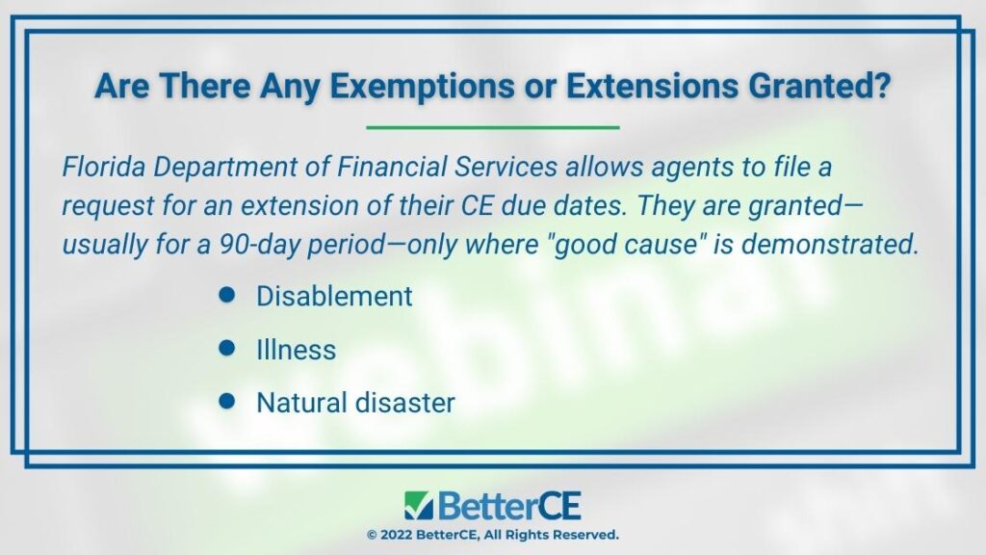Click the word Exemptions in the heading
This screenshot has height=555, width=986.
pyautogui.click(x=422, y=86)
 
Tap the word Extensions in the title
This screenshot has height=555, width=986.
pyautogui.click(x=652, y=86)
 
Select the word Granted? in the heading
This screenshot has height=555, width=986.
pyautogui.click(x=819, y=86)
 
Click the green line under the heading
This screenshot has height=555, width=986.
pyautogui.click(x=493, y=127)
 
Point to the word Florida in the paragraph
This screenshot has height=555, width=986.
pyautogui.click(x=104, y=167)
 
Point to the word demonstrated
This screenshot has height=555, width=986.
pyautogui.click(x=830, y=244)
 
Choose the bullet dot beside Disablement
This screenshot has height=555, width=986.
pyautogui.click(x=227, y=295)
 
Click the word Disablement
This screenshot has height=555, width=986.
pyautogui.click(x=334, y=297)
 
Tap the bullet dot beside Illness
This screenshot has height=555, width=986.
pyautogui.click(x=227, y=348)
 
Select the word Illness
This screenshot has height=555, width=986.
pyautogui.click(x=297, y=350)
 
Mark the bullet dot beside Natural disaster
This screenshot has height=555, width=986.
pyautogui.click(x=227, y=402)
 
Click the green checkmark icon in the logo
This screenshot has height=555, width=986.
pyautogui.click(x=419, y=505)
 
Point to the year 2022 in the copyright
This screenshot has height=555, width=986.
pyautogui.click(x=396, y=535)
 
